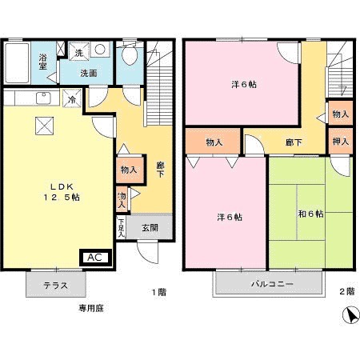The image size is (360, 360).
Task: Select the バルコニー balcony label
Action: [272, 285]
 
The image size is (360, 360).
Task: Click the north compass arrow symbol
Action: [349, 315]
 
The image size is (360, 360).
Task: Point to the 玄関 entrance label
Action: [150, 227]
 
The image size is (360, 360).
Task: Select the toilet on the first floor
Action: [129, 58]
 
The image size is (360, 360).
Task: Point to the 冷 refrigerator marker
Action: [72, 100]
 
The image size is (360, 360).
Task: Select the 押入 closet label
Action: [340, 142]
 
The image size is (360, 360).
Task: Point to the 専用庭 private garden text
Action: [90, 307]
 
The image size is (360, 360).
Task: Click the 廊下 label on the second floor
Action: [293, 142]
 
